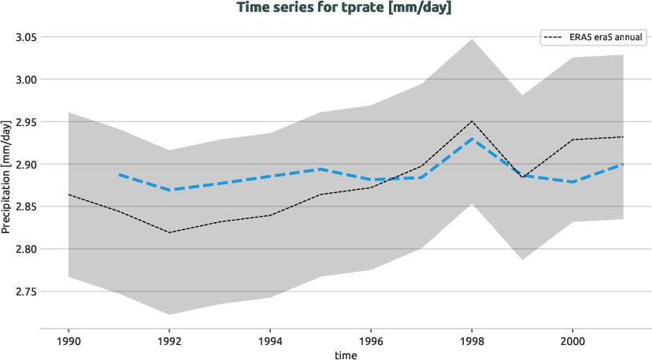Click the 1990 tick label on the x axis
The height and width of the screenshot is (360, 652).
tap(69, 342)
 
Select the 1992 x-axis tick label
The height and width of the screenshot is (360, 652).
tap(169, 342)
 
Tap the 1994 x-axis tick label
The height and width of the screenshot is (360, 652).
tap(270, 342)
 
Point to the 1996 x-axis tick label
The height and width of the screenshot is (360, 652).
tap(371, 342)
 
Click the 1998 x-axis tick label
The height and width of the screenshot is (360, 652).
tap(472, 342)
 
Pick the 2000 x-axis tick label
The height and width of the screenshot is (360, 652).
tap(572, 342)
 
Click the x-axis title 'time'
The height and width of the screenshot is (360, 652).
tap(345, 354)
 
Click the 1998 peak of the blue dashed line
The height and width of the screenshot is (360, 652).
tap(472, 139)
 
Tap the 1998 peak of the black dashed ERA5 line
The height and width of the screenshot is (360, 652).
tap(472, 121)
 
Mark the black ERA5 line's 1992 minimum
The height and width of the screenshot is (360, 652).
tap(169, 232)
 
